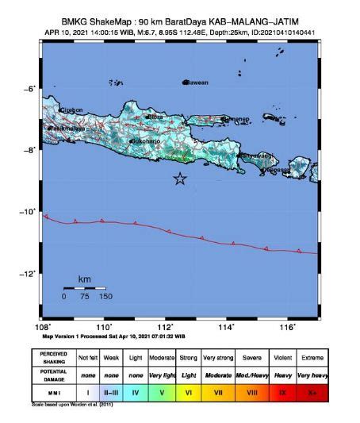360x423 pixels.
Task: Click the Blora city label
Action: click(155, 117)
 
